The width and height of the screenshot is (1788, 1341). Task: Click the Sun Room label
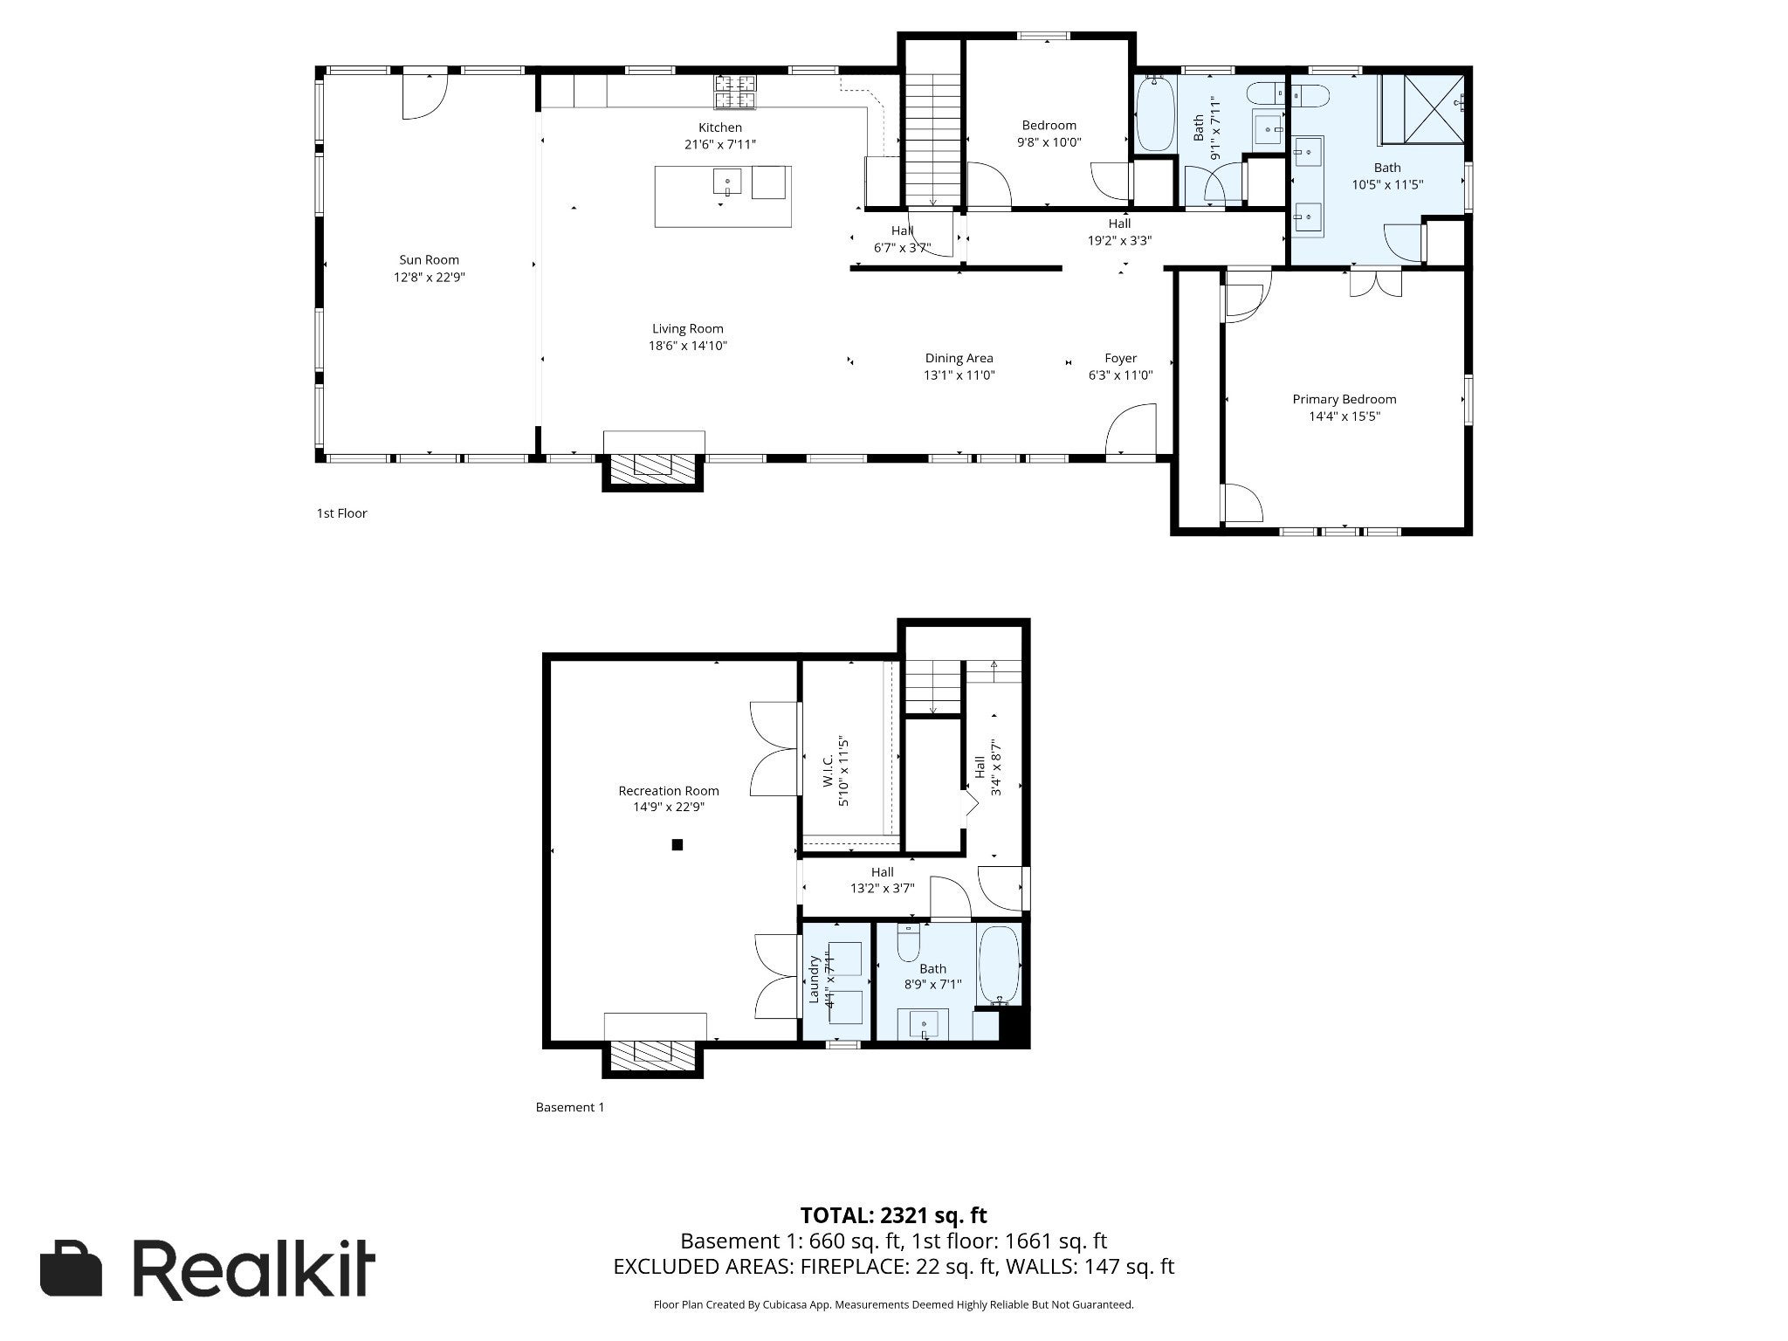click(x=429, y=259)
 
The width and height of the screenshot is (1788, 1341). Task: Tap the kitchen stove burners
click(x=736, y=92)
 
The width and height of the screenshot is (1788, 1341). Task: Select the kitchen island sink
click(x=727, y=183)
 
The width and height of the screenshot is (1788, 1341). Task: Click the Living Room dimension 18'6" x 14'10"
click(x=688, y=346)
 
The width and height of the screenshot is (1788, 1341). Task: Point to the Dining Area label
click(x=959, y=358)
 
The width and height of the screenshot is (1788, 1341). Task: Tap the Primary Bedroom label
click(x=1344, y=400)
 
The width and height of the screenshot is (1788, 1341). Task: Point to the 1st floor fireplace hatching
click(x=652, y=469)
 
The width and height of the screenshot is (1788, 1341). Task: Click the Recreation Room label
click(x=669, y=791)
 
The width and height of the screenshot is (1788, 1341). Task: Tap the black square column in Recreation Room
click(x=677, y=844)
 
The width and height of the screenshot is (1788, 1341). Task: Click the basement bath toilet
click(x=908, y=941)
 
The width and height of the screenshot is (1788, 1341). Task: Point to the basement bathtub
click(x=999, y=966)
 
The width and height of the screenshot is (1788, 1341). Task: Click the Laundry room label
click(x=814, y=980)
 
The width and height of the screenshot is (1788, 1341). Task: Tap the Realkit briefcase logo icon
click(x=72, y=1269)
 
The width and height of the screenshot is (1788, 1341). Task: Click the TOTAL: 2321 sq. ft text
click(x=894, y=1214)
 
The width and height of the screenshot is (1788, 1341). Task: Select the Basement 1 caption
click(x=569, y=1107)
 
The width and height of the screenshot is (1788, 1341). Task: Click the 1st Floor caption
click(x=341, y=513)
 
